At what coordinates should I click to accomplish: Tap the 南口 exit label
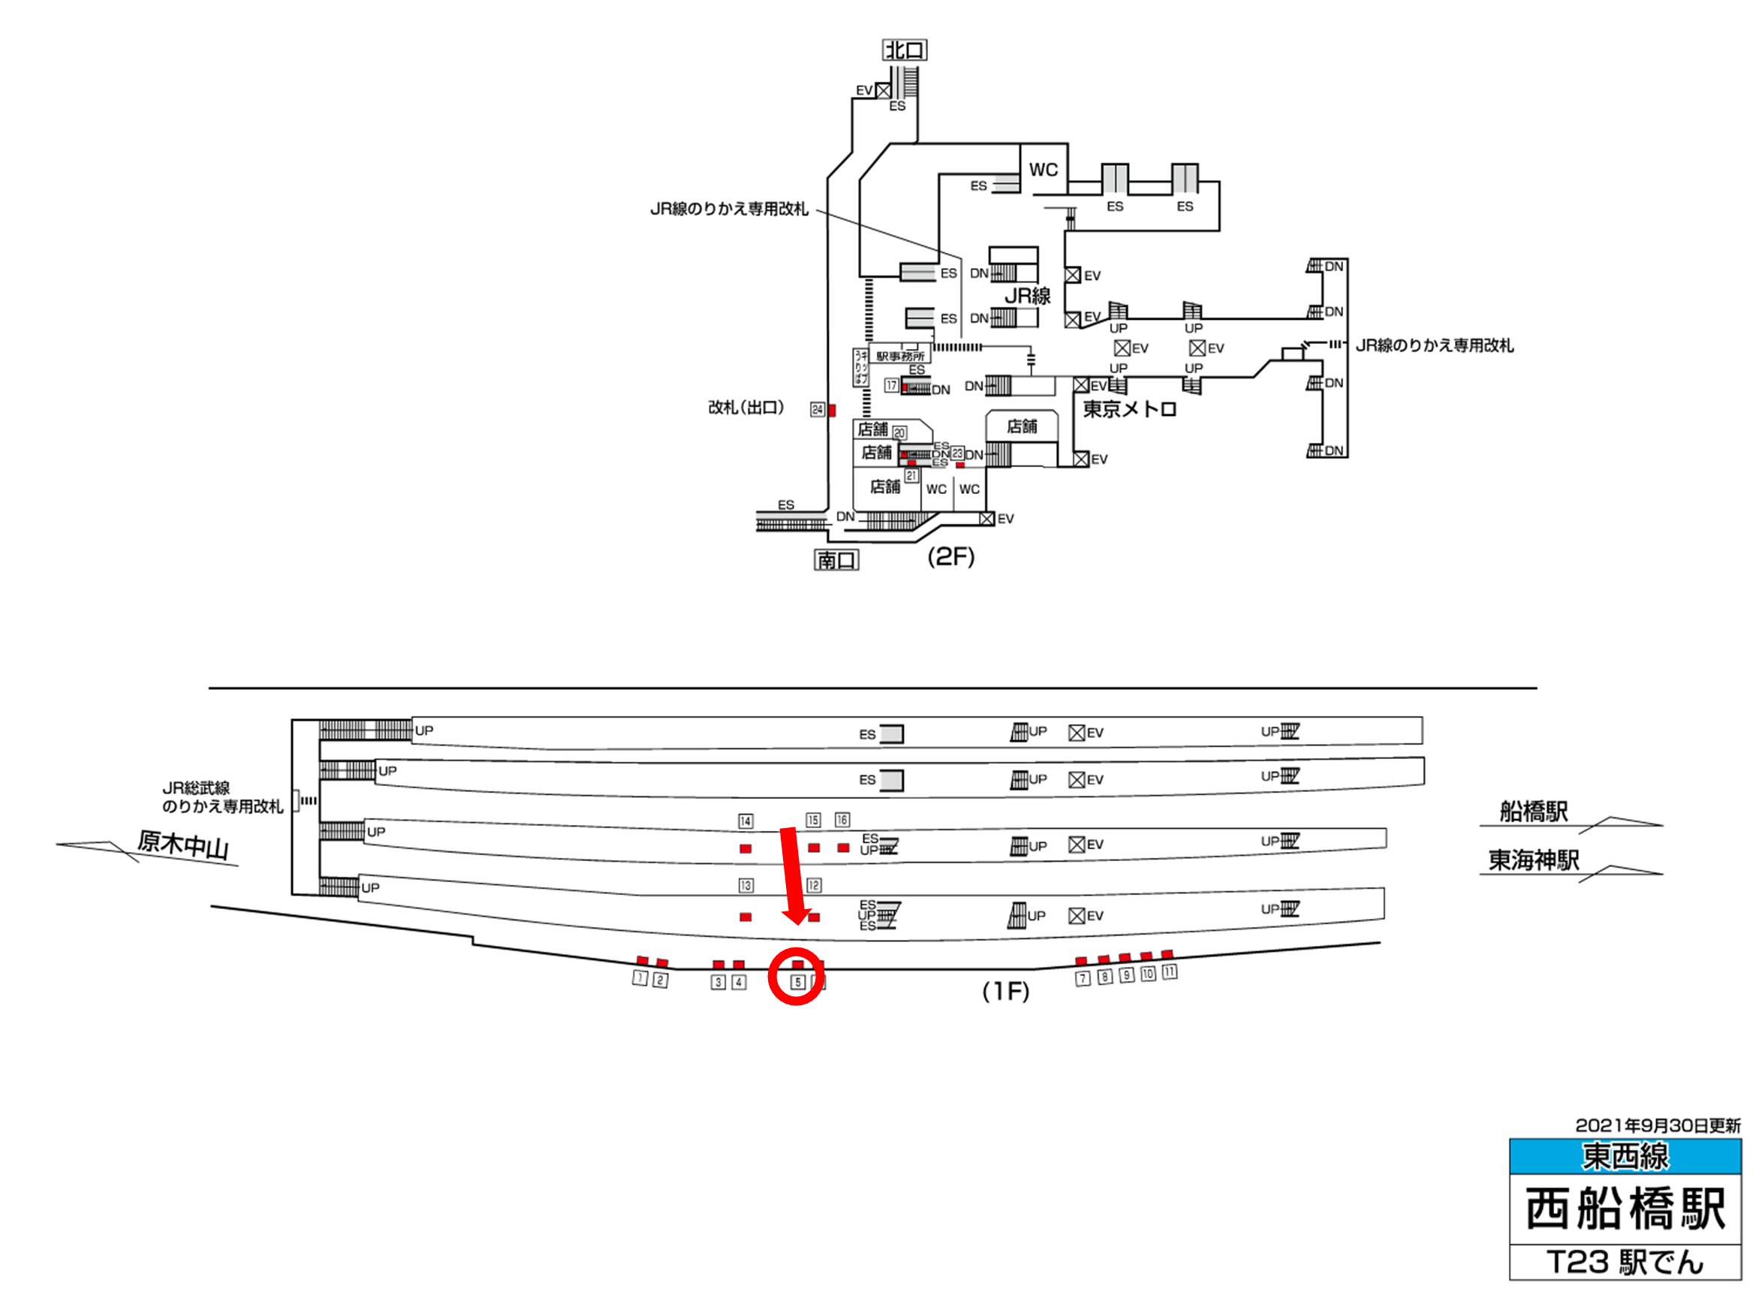point(836,560)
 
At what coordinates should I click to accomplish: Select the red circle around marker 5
point(796,977)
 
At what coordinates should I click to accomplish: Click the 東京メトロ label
point(1130,409)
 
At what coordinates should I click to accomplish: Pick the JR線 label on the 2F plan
point(1028,297)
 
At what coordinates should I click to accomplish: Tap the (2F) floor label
point(950,557)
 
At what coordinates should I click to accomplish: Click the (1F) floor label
point(1005,992)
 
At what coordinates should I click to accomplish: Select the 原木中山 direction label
point(182,845)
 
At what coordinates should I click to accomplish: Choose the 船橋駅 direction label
point(1533,812)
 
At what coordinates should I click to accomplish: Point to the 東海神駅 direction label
point(1533,860)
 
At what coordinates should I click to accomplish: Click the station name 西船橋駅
point(1625,1209)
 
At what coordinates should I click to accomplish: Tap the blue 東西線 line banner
point(1625,1156)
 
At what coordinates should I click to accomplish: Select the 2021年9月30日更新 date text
point(1658,1125)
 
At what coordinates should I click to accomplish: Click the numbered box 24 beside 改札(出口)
point(818,410)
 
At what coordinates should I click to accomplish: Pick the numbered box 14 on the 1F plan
point(745,821)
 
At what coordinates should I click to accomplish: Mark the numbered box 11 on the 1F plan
point(1170,973)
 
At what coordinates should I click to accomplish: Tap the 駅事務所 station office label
point(901,357)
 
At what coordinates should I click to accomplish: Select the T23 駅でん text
point(1625,1263)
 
